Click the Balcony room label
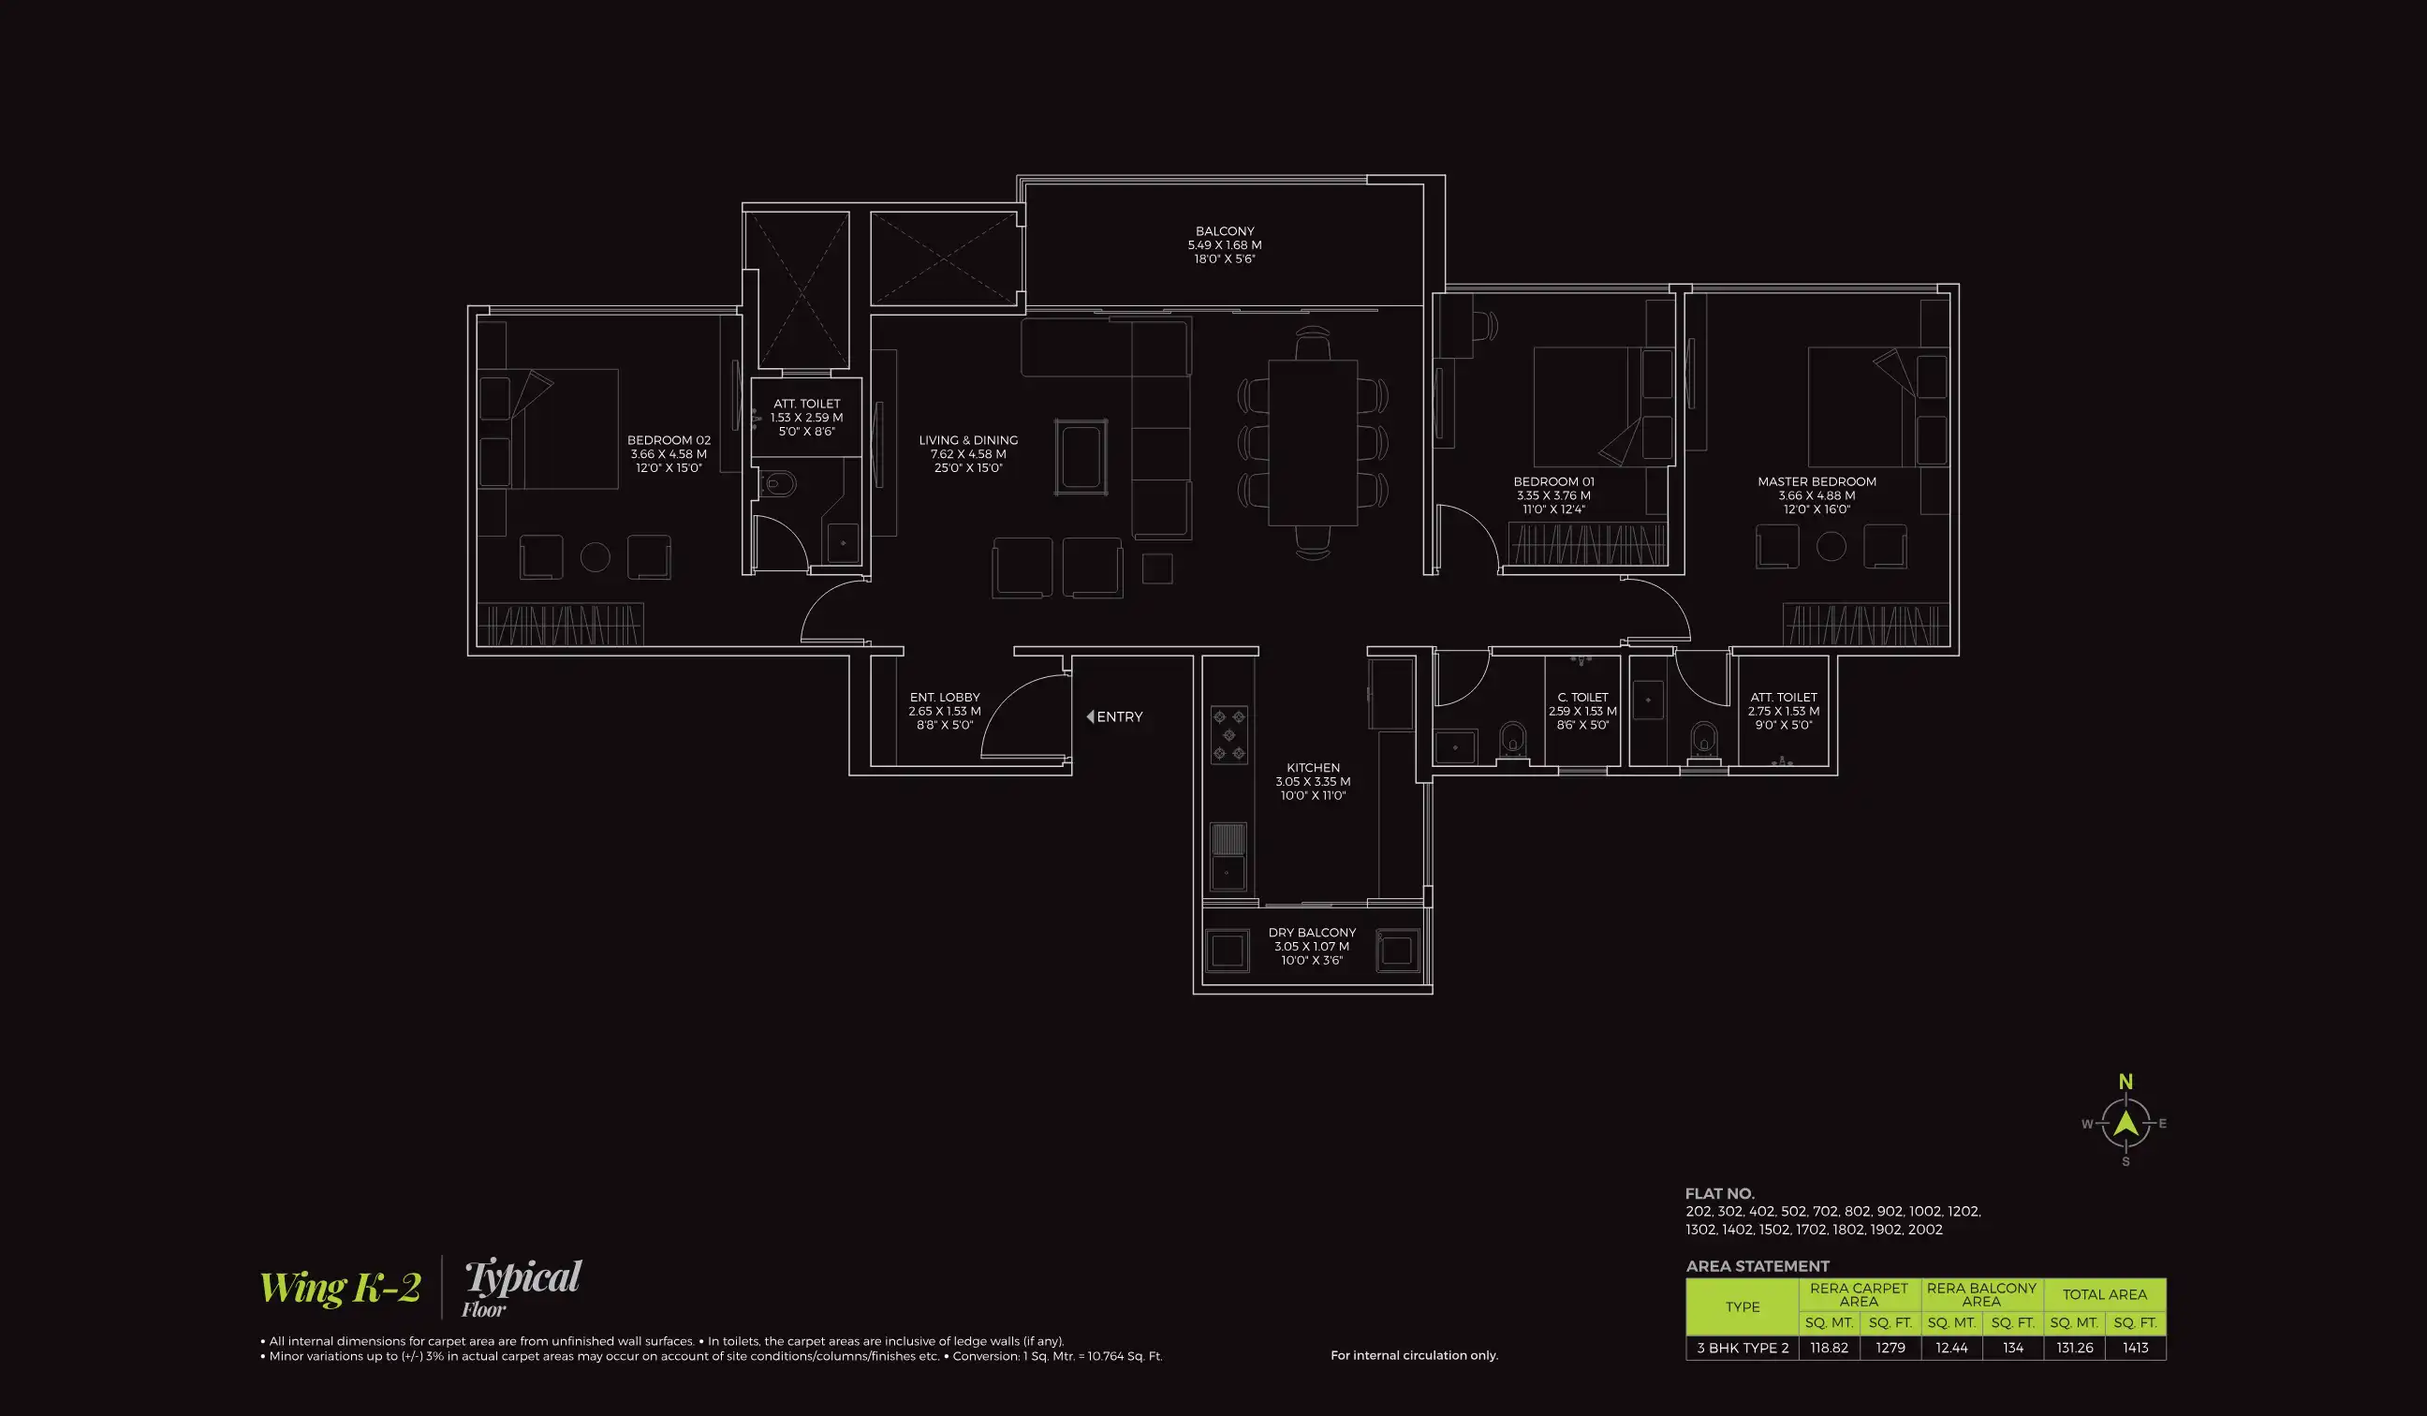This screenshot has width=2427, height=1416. tap(1224, 232)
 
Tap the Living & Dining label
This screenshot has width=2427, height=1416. tap(968, 440)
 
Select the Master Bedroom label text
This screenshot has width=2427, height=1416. tap(1817, 481)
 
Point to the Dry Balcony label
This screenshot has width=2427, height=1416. tap(1312, 933)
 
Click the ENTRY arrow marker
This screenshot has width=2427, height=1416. tap(1090, 716)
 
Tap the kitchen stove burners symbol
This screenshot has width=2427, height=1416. tap(1228, 735)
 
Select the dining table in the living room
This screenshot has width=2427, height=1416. tap(1312, 443)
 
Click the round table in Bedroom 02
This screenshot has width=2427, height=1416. tap(596, 557)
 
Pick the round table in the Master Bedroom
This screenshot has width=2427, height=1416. tap(1831, 547)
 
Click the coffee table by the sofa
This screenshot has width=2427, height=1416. tap(1081, 457)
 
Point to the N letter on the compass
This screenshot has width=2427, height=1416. tap(2125, 1083)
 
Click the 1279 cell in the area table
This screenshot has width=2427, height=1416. tap(1890, 1348)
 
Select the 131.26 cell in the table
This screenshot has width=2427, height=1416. tap(2075, 1348)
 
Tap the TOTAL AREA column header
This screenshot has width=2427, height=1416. tap(2104, 1294)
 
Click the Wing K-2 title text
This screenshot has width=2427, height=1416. tap(340, 1288)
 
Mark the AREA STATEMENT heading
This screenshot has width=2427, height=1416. tap(1757, 1267)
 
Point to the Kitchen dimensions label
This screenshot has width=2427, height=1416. tap(1313, 782)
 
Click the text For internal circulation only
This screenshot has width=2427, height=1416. tap(1414, 1355)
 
